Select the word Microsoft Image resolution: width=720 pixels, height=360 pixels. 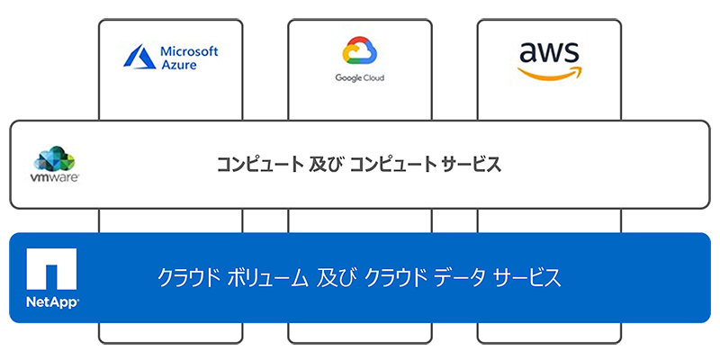pos(188,51)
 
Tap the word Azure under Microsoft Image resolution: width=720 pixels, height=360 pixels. pos(177,67)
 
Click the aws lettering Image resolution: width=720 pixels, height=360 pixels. pos(549,51)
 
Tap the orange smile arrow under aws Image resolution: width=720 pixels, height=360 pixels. pos(551,73)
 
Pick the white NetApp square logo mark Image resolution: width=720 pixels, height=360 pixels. pos(51,267)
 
